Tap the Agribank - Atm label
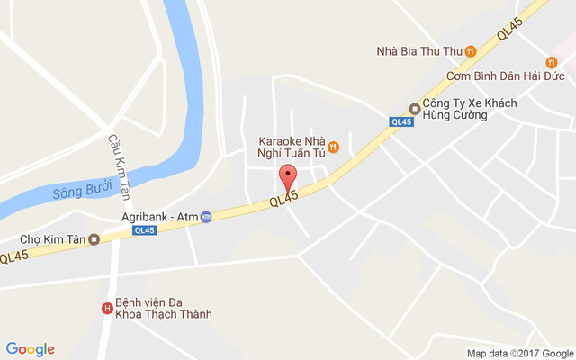pyautogui.click(x=159, y=217)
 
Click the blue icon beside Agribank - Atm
pyautogui.click(x=206, y=217)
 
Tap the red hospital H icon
pyautogui.click(x=107, y=309)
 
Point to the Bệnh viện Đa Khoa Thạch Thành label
pyautogui.click(x=163, y=309)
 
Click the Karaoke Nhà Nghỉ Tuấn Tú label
pyautogui.click(x=291, y=147)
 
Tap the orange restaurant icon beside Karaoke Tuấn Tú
pyautogui.click(x=332, y=147)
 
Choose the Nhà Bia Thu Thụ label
pyautogui.click(x=418, y=51)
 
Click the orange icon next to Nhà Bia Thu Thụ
pyautogui.click(x=471, y=51)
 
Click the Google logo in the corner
pyautogui.click(x=31, y=349)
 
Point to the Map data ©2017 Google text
pyautogui.click(x=519, y=353)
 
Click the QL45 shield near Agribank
pyautogui.click(x=143, y=230)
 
